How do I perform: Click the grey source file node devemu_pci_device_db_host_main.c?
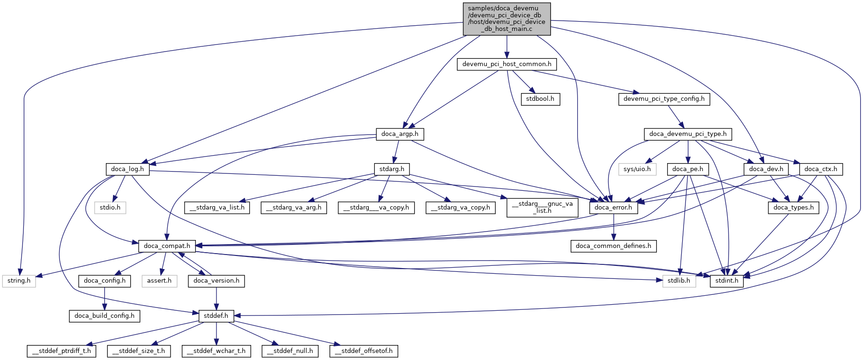coord(506,19)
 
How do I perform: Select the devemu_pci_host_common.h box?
coord(506,64)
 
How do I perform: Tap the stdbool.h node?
coord(540,99)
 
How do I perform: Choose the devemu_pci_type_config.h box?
coord(664,99)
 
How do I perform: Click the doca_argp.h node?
coord(400,134)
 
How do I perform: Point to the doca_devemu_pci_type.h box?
coord(688,134)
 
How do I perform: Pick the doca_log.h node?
coord(127,169)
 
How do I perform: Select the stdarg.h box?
coord(392,169)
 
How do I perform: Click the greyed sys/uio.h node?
coord(637,169)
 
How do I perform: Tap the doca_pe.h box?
coord(687,169)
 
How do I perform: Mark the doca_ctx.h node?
coord(820,169)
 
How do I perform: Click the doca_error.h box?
coord(613,208)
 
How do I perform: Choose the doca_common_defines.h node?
coord(613,246)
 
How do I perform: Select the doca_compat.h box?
coord(167,246)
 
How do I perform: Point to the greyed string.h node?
coord(19,281)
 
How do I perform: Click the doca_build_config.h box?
coord(104,316)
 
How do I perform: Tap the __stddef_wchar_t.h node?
coord(216,351)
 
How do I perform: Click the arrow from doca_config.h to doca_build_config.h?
coord(104,298)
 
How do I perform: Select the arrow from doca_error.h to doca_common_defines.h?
coord(613,227)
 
